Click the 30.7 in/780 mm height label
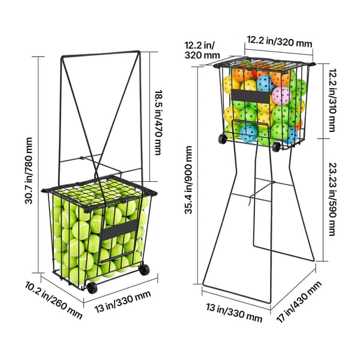[29, 171]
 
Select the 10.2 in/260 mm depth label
[53, 301]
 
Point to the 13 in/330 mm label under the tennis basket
[123, 302]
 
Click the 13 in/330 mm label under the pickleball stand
[234, 313]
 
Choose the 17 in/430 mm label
[299, 301]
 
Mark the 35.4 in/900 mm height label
[188, 180]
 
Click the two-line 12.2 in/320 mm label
[202, 50]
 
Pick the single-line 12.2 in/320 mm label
[280, 41]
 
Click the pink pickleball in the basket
[282, 95]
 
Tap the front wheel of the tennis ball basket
[92, 287]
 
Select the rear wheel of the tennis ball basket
[145, 269]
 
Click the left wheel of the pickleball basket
[222, 139]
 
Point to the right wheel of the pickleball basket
[276, 147]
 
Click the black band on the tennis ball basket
[119, 230]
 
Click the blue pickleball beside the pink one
[266, 83]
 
